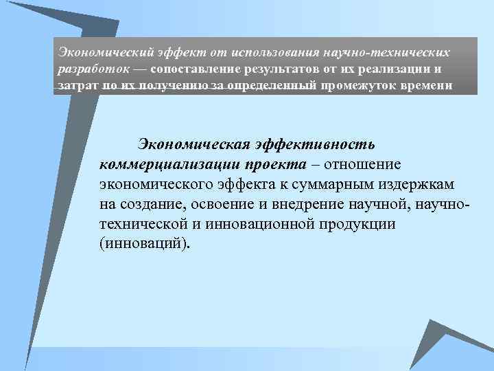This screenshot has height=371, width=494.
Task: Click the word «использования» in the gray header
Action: coord(274,52)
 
